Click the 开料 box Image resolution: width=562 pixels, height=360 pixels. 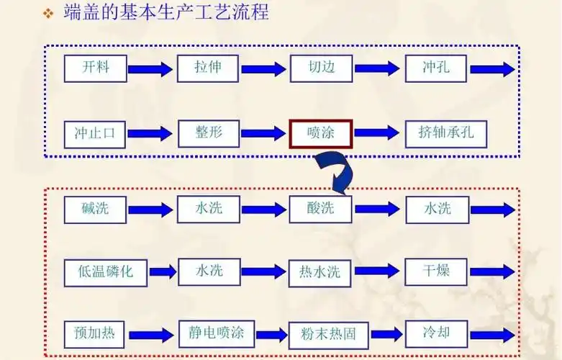tap(95, 68)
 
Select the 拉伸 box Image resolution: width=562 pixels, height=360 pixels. tap(208, 68)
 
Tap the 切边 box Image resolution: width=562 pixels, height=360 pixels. tap(321, 68)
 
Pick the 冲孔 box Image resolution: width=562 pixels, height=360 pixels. tap(436, 68)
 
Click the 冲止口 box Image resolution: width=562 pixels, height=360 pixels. tap(95, 134)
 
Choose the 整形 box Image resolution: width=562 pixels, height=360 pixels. tap(208, 134)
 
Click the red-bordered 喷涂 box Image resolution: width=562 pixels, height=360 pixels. tap(321, 134)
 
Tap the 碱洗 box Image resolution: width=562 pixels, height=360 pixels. tap(95, 209)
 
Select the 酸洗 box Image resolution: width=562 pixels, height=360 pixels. tap(321, 209)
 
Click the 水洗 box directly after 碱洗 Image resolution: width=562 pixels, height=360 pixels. tap(209, 209)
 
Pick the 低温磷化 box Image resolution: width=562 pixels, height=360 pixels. tap(105, 271)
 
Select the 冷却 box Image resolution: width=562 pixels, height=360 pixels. tap(437, 333)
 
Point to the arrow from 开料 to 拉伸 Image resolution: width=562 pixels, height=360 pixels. tap(150, 69)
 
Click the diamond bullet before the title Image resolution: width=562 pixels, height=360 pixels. tap(48, 14)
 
